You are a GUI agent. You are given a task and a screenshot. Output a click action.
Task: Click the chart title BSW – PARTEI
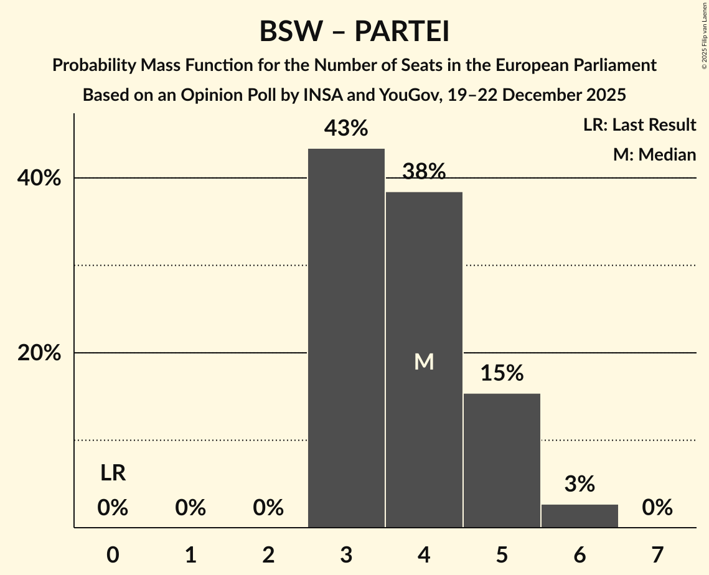(x=354, y=32)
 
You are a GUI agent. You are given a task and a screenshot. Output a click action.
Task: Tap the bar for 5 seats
(x=502, y=460)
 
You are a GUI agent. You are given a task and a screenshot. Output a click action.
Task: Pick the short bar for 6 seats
(x=580, y=516)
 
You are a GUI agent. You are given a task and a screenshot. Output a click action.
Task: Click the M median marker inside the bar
(x=424, y=362)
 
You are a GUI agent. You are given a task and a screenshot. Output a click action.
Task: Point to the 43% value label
(x=346, y=129)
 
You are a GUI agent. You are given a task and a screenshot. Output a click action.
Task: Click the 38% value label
(x=424, y=172)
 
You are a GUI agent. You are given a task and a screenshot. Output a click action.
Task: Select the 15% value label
(x=502, y=373)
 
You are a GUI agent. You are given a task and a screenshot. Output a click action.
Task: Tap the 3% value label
(x=580, y=484)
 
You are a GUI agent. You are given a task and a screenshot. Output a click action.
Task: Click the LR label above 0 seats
(x=113, y=474)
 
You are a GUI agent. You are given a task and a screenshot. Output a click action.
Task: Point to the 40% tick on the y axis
(x=39, y=179)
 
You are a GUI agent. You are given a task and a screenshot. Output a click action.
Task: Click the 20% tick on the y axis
(x=39, y=353)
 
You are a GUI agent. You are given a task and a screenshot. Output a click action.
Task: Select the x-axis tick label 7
(x=657, y=554)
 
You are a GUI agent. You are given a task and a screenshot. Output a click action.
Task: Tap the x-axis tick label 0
(x=113, y=554)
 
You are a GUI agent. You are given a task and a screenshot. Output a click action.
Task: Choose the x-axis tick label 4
(x=424, y=554)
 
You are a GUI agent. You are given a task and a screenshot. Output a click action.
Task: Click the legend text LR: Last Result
(x=639, y=125)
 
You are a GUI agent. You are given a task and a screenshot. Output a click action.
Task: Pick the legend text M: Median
(x=654, y=154)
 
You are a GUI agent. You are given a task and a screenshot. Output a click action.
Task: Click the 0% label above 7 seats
(x=657, y=508)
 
